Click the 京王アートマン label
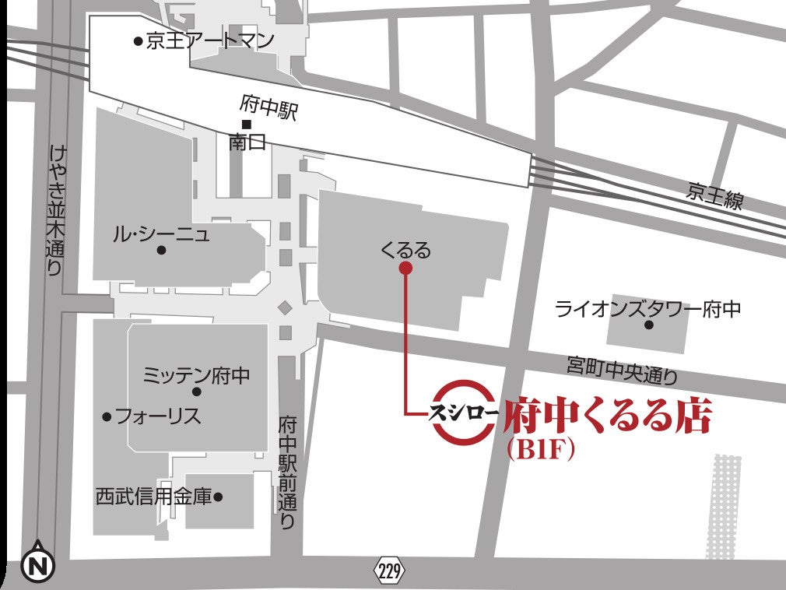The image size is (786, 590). tap(209, 40)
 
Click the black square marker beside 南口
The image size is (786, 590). tap(246, 125)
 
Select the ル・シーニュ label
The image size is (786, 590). tap(161, 233)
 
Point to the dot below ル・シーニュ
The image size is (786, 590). tap(161, 251)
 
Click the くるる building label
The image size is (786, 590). tap(405, 250)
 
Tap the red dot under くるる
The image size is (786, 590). tap(405, 269)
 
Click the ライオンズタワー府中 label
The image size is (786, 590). tap(647, 308)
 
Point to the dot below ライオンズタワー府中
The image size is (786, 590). tap(648, 325)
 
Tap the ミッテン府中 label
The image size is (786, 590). tap(196, 375)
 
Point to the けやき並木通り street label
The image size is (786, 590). tap(54, 210)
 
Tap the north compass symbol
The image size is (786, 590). tap(37, 565)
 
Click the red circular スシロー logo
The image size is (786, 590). tap(463, 413)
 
